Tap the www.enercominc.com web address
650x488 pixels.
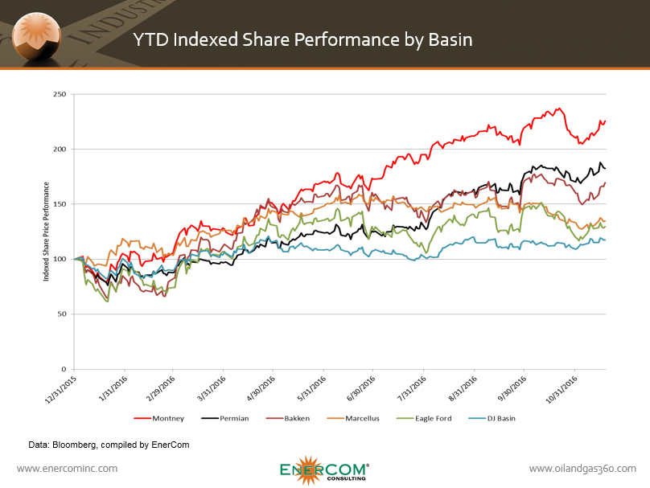tap(67, 468)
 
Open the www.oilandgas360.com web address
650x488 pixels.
tap(582, 468)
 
